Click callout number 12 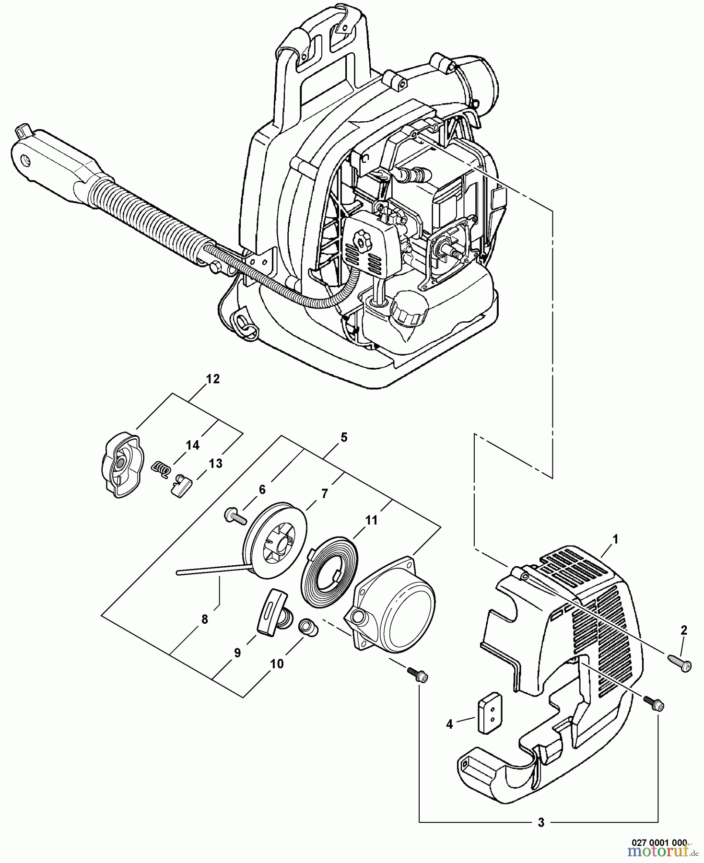coord(212,379)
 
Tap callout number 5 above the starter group coord(344,437)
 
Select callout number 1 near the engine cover coord(615,539)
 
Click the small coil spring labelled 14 coord(161,468)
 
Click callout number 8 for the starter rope coord(205,619)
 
